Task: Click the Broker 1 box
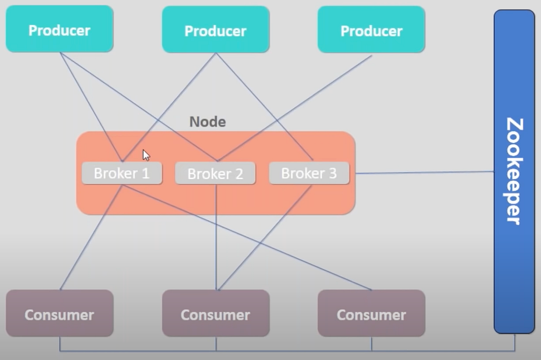122,173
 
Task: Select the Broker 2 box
216,174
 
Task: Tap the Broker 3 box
309,173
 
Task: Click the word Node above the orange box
208,122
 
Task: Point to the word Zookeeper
515,172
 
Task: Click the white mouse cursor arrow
146,155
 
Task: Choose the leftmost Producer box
60,29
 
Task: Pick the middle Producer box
216,30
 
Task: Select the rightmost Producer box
371,30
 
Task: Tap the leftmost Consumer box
60,313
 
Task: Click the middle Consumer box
216,313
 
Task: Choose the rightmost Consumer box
371,313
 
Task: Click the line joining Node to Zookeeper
424,173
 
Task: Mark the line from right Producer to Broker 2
294,108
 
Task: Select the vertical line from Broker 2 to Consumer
216,237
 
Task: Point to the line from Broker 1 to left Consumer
91,237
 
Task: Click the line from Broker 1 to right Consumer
247,237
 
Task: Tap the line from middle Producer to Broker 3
264,107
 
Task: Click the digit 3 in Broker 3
333,173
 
